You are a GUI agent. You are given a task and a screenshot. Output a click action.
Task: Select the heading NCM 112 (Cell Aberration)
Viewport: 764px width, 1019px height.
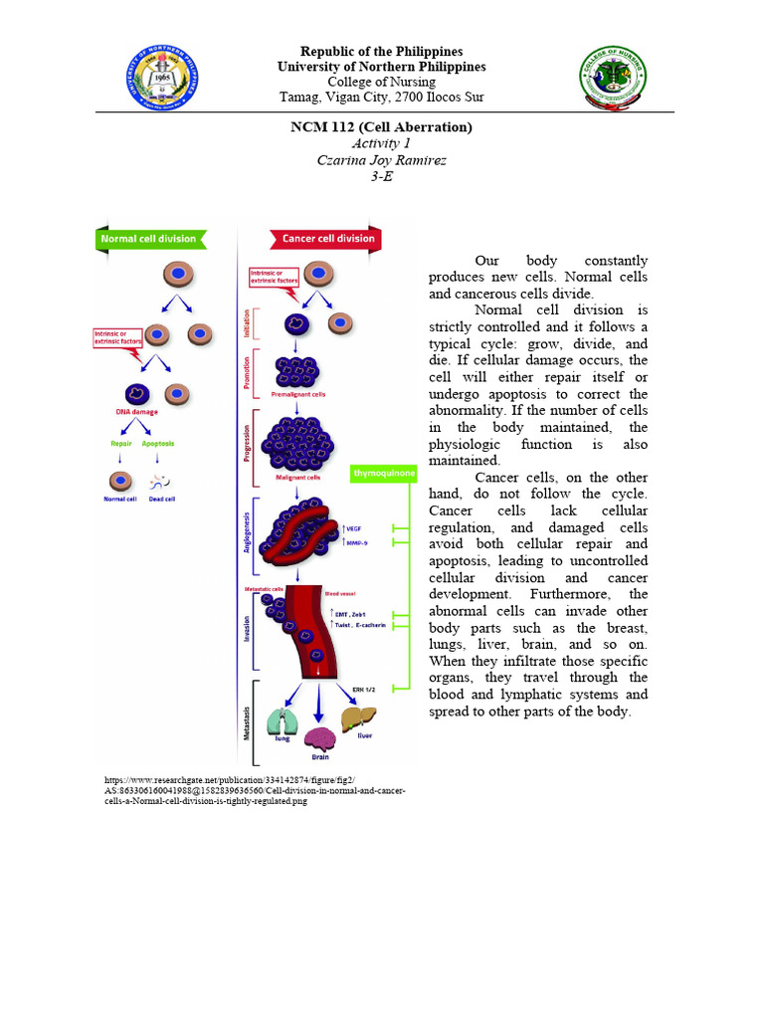(x=381, y=127)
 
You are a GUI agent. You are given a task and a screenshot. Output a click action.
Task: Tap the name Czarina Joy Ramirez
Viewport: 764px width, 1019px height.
(x=381, y=159)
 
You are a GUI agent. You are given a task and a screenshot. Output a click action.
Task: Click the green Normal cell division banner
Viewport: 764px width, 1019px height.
(x=152, y=239)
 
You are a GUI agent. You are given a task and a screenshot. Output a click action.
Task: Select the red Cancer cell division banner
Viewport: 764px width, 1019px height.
(x=325, y=239)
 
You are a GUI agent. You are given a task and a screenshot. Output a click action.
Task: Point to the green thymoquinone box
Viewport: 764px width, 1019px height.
(x=385, y=475)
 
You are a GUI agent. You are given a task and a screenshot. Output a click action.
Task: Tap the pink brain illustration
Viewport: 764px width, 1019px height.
(x=320, y=737)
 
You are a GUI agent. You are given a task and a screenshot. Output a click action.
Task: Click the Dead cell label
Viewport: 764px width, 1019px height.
(x=161, y=499)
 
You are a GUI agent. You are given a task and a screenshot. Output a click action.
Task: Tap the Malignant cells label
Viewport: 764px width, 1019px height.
(x=294, y=478)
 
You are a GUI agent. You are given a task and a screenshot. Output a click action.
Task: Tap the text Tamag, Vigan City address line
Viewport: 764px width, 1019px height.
(x=381, y=97)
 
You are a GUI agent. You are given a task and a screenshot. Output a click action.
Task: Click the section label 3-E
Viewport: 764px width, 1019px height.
(x=381, y=175)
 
